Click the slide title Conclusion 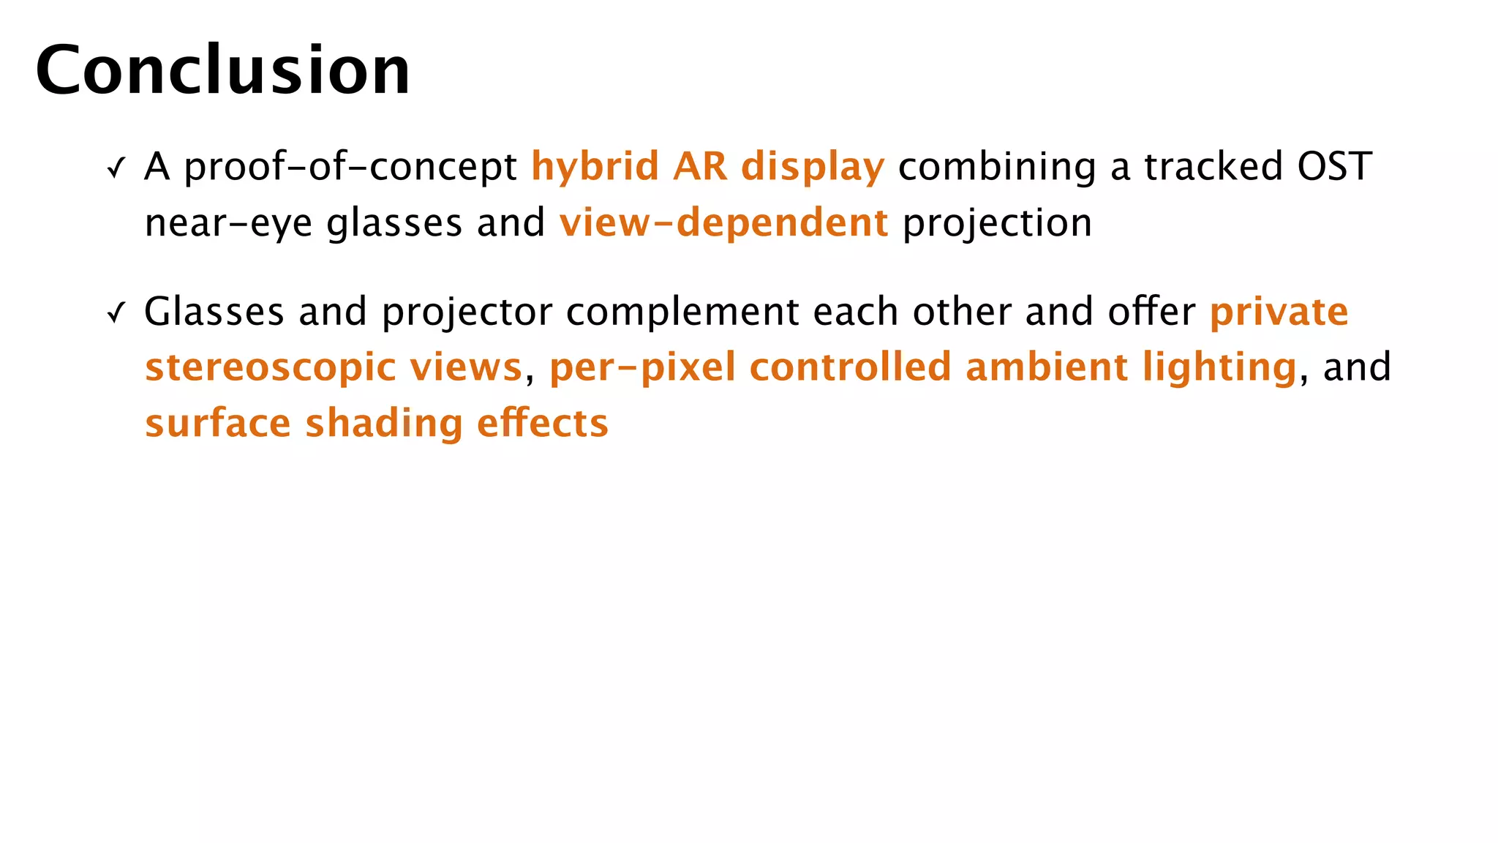(x=223, y=70)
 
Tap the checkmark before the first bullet (x=116, y=168)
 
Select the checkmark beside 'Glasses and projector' (x=116, y=313)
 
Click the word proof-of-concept (x=350, y=168)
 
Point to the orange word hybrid (x=595, y=166)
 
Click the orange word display (x=813, y=168)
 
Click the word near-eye (x=228, y=223)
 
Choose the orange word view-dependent (x=723, y=222)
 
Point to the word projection (x=998, y=223)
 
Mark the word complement (x=682, y=312)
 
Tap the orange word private (x=1279, y=312)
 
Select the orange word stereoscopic (x=271, y=368)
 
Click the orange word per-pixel (x=642, y=368)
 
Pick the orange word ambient (x=1046, y=367)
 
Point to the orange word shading (x=384, y=424)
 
